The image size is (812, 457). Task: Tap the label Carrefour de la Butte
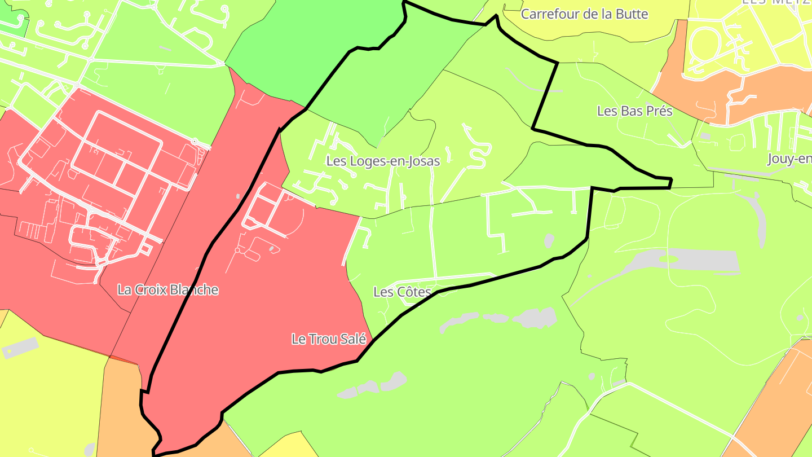coord(584,14)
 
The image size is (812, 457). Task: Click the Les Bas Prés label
coord(634,111)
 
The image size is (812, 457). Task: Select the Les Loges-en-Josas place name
coord(383,161)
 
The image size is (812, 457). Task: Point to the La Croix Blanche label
coord(167,290)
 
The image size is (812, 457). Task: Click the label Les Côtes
coord(402,292)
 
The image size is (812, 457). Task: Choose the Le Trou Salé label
coord(329,340)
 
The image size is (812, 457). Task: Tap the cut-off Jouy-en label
coord(789,160)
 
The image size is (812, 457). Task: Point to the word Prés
coord(659,111)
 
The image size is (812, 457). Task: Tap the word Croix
coord(151,290)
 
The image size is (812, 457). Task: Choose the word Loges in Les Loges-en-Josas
coord(365,161)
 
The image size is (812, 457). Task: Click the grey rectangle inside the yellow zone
coord(21,348)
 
